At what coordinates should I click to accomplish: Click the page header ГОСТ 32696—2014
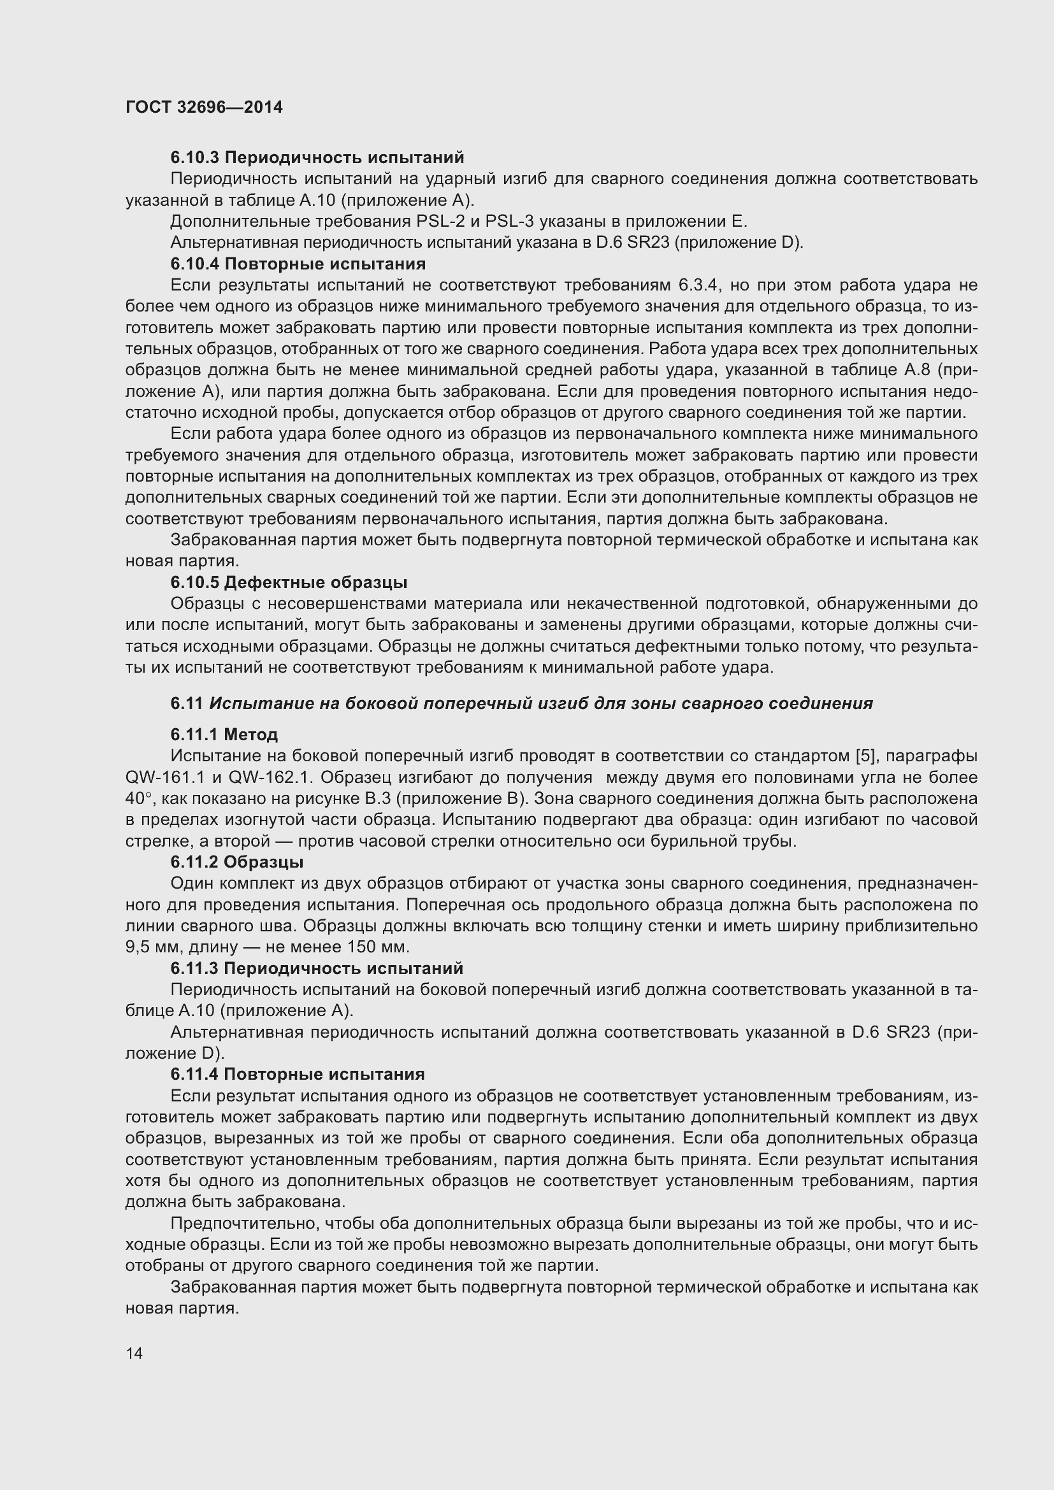204,108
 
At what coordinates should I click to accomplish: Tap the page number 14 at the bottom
134,1353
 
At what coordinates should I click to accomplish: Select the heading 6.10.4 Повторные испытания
298,264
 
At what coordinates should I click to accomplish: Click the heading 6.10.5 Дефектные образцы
289,582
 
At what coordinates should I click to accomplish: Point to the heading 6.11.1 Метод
224,734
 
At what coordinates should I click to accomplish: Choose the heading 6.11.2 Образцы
237,862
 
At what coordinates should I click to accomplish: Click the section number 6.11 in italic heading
187,703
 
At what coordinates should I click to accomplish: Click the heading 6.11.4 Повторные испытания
297,1074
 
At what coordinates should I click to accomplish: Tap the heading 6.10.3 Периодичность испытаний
317,158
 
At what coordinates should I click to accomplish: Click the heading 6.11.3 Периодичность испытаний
317,968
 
